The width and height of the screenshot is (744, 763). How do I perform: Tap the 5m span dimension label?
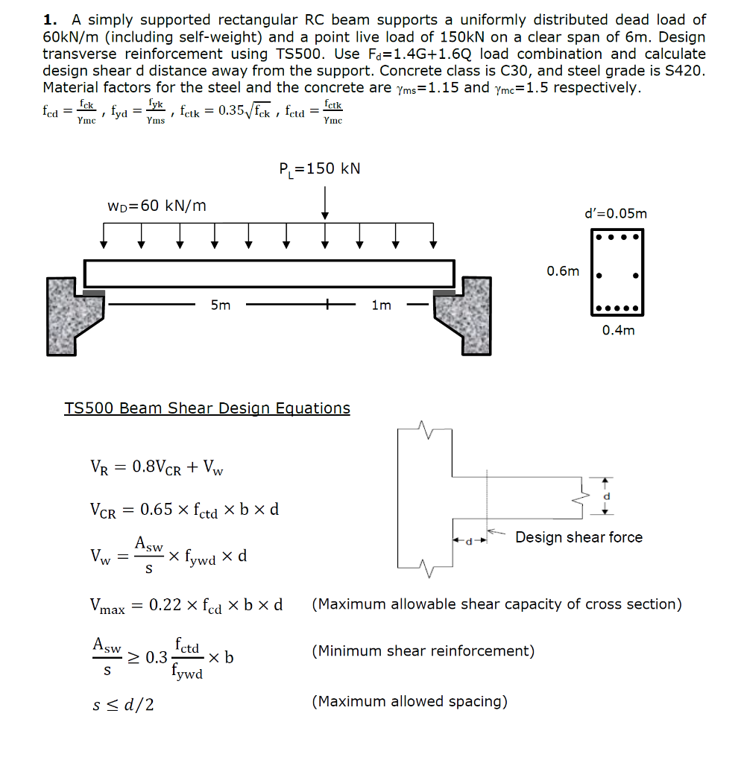[x=221, y=305]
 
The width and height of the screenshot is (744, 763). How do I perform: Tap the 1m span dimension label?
[x=381, y=305]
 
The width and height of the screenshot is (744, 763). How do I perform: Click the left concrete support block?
[x=67, y=313]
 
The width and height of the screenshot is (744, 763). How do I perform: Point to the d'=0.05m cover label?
[x=617, y=214]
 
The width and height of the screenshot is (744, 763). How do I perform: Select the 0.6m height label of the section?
[x=562, y=271]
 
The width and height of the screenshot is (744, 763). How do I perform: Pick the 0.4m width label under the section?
[x=618, y=330]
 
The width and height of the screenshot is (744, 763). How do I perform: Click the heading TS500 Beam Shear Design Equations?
[x=207, y=408]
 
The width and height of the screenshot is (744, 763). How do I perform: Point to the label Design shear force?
[x=579, y=537]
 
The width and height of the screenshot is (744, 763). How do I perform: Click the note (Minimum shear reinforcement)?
[x=423, y=651]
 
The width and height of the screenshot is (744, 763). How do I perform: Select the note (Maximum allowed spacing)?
[x=410, y=701]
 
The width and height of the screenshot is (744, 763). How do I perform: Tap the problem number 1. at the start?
[x=51, y=20]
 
